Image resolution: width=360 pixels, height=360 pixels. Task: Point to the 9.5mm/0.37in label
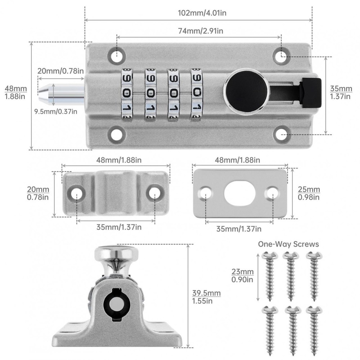56,111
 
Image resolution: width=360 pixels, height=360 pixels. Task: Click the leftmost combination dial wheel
127,94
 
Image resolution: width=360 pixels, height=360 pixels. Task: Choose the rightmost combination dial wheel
197,94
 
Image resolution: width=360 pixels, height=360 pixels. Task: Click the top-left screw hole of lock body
117,55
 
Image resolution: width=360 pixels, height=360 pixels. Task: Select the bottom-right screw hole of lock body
282,134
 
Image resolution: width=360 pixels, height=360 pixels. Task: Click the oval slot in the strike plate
240,193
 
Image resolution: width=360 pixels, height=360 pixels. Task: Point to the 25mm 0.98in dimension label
309,193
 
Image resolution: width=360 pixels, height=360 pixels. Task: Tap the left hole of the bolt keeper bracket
76,193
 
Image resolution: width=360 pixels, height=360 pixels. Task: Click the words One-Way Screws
288,244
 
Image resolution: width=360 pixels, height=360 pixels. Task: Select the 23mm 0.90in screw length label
242,275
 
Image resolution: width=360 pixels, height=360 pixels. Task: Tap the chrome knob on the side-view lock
116,254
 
